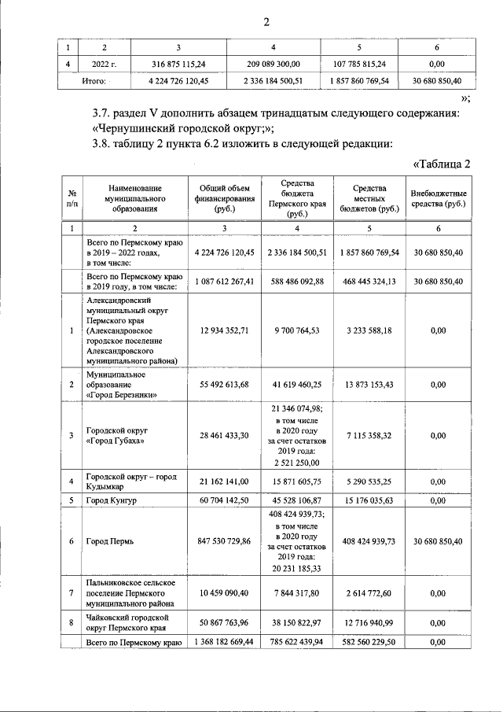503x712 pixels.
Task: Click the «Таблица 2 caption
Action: pyautogui.click(x=441, y=164)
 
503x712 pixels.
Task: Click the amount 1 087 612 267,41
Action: pyautogui.click(x=223, y=282)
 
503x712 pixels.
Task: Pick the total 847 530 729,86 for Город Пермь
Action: pyautogui.click(x=223, y=541)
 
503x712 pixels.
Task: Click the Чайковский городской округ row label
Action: pyautogui.click(x=126, y=622)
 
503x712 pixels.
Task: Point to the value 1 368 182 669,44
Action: pyautogui.click(x=223, y=643)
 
